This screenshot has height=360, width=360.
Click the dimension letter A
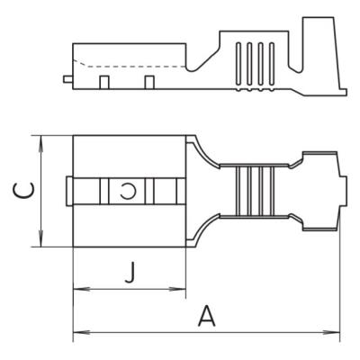207,316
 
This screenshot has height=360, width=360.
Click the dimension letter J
130,273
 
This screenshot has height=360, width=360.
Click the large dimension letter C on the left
23,191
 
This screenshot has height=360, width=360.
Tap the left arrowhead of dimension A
82,333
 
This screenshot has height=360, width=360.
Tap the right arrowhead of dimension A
331,333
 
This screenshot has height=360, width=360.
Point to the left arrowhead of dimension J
82,289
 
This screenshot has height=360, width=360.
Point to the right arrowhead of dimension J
177,289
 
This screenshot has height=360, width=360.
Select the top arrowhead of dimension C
41,144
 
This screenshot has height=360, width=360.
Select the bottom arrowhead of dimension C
41,238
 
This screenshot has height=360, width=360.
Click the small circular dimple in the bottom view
128,192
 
